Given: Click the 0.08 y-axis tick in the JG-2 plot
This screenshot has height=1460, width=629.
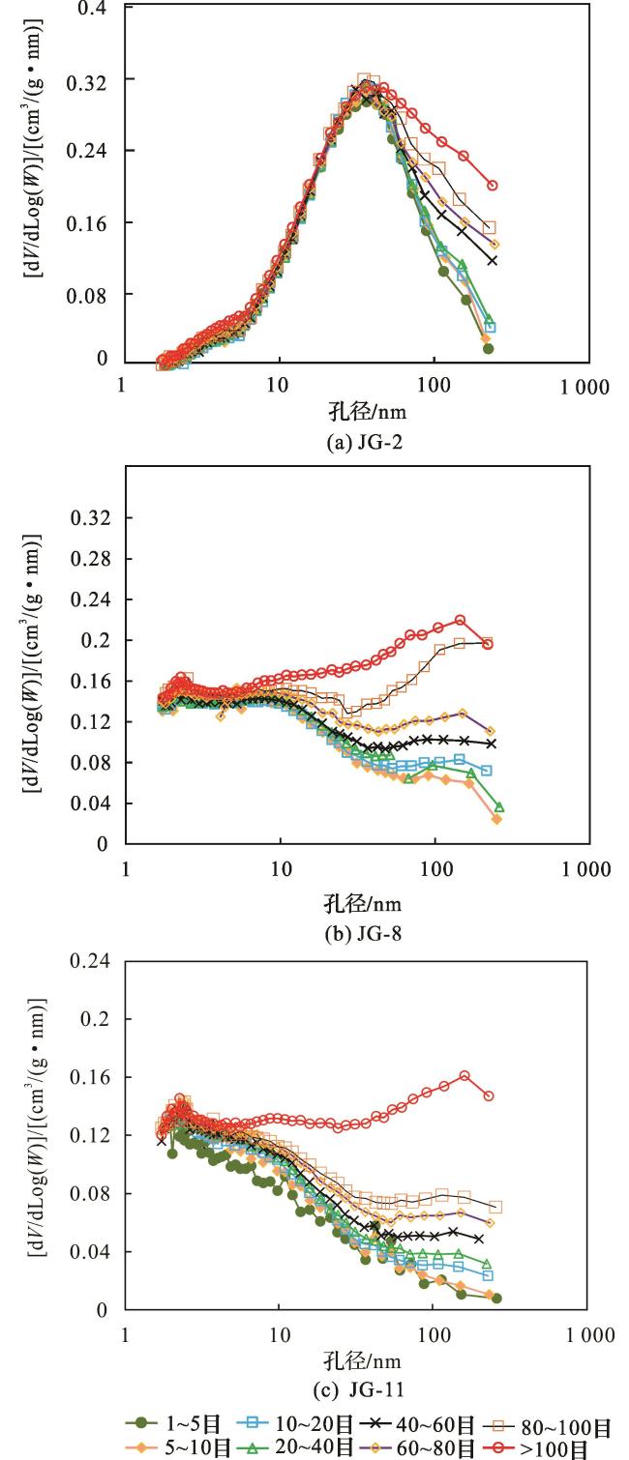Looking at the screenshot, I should click(91, 293).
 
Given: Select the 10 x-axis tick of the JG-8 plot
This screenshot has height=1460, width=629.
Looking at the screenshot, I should click(280, 868).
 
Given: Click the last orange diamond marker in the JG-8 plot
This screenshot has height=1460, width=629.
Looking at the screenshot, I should click(496, 819).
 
